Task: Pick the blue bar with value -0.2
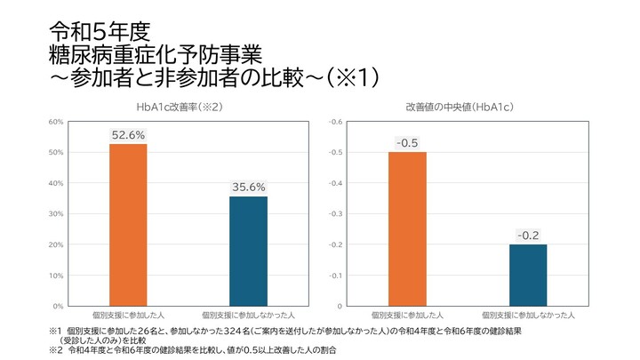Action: point(528,275)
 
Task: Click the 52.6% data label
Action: point(128,135)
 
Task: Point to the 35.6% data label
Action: point(248,188)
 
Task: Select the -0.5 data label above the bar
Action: point(407,143)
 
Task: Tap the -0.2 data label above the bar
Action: point(528,236)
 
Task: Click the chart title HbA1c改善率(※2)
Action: point(179,107)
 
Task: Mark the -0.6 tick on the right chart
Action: point(336,122)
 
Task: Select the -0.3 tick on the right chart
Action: point(336,214)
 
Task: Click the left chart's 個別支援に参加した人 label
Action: point(128,315)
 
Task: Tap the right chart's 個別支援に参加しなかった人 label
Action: point(528,315)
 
